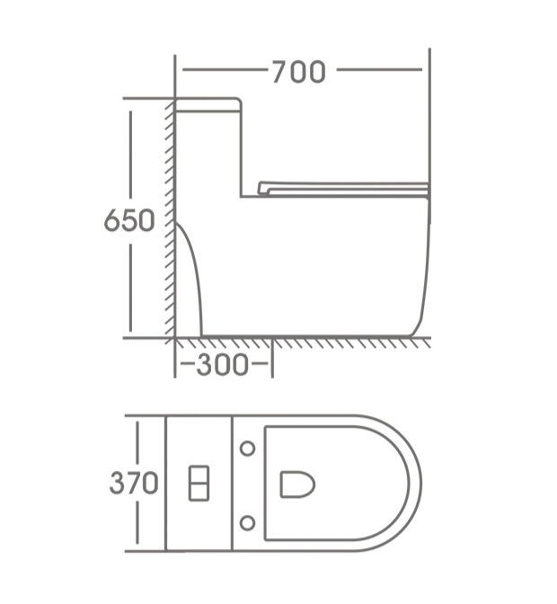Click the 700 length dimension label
tap(299, 72)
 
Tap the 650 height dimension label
tap(129, 220)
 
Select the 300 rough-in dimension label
tap(222, 364)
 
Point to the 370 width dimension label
tap(134, 483)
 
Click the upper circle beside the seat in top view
tap(248, 448)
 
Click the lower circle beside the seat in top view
tap(248, 523)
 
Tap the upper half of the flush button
tap(199, 475)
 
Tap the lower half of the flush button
tap(199, 493)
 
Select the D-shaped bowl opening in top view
tap(296, 484)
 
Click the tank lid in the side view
tap(208, 105)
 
